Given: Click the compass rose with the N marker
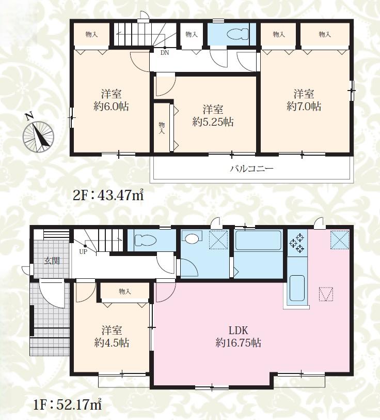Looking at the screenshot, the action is click(x=38, y=136).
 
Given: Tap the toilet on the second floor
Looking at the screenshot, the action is click(x=238, y=34).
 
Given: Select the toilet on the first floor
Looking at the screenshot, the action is click(x=145, y=240).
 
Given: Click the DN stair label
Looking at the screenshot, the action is click(x=165, y=53).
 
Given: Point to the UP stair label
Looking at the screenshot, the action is click(x=83, y=252).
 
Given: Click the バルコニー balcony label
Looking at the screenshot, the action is click(x=251, y=169).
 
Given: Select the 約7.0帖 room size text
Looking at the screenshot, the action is click(x=304, y=107).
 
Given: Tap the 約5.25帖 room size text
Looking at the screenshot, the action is click(x=213, y=122).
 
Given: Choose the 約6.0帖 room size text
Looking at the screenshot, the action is click(x=111, y=107).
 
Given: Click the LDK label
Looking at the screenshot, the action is click(x=238, y=331).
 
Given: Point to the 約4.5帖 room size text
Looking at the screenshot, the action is click(x=112, y=343).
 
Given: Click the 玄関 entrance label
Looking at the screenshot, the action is click(x=52, y=261).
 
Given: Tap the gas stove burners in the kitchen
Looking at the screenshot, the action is click(x=297, y=243).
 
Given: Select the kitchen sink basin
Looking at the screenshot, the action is click(x=297, y=288).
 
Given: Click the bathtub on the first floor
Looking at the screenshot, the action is click(x=258, y=241).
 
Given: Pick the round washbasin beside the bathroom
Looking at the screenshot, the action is click(x=192, y=238).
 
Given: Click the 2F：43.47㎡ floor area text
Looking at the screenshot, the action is click(x=108, y=196).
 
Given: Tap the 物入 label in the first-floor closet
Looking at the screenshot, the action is click(x=125, y=291).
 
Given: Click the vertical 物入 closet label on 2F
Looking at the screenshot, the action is click(x=162, y=128).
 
